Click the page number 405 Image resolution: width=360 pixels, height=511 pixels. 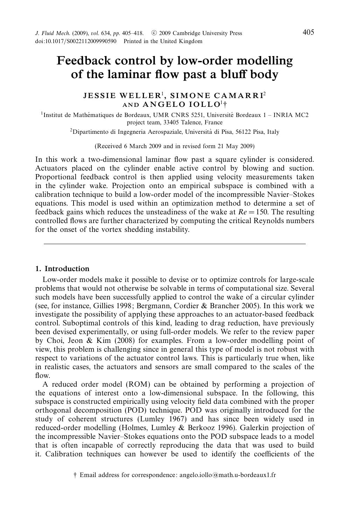click(308, 33)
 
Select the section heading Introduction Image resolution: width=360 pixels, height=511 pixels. click(67, 269)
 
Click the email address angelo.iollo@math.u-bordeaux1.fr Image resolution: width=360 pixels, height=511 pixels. click(228, 475)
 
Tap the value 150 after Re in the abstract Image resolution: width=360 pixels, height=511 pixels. click(262, 212)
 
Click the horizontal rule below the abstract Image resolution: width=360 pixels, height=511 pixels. click(174, 244)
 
